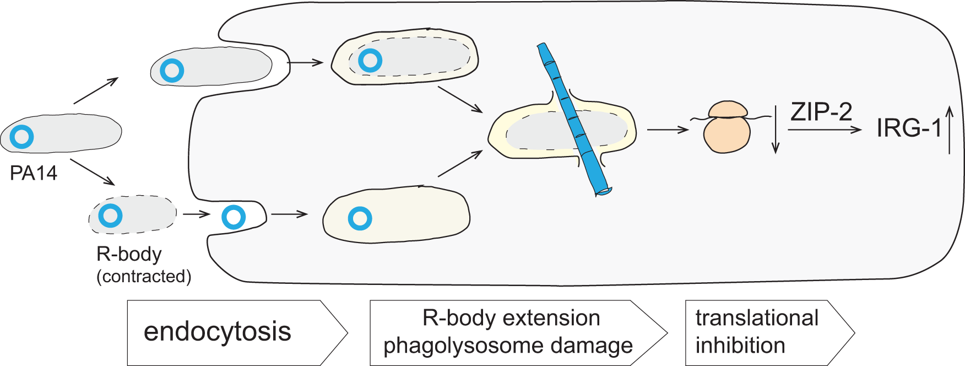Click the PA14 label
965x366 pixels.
tap(34, 173)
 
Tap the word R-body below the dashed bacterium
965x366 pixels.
tap(129, 254)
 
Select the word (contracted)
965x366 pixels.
tap(144, 276)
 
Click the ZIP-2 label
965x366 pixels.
tap(821, 112)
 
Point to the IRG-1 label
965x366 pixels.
tap(909, 128)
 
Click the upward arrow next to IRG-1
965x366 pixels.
tap(950, 130)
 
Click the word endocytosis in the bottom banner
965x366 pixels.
tap(217, 331)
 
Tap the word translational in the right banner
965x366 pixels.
tap(757, 318)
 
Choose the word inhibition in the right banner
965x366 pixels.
tap(740, 346)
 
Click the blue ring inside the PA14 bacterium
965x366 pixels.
tap(22, 137)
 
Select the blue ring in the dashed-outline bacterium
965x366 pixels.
tap(110, 216)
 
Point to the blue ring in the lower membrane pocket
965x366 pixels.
tap(234, 217)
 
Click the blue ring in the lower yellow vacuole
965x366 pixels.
tap(360, 219)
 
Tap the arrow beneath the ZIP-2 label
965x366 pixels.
tap(824, 130)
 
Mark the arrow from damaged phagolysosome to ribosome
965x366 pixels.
tap(668, 130)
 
